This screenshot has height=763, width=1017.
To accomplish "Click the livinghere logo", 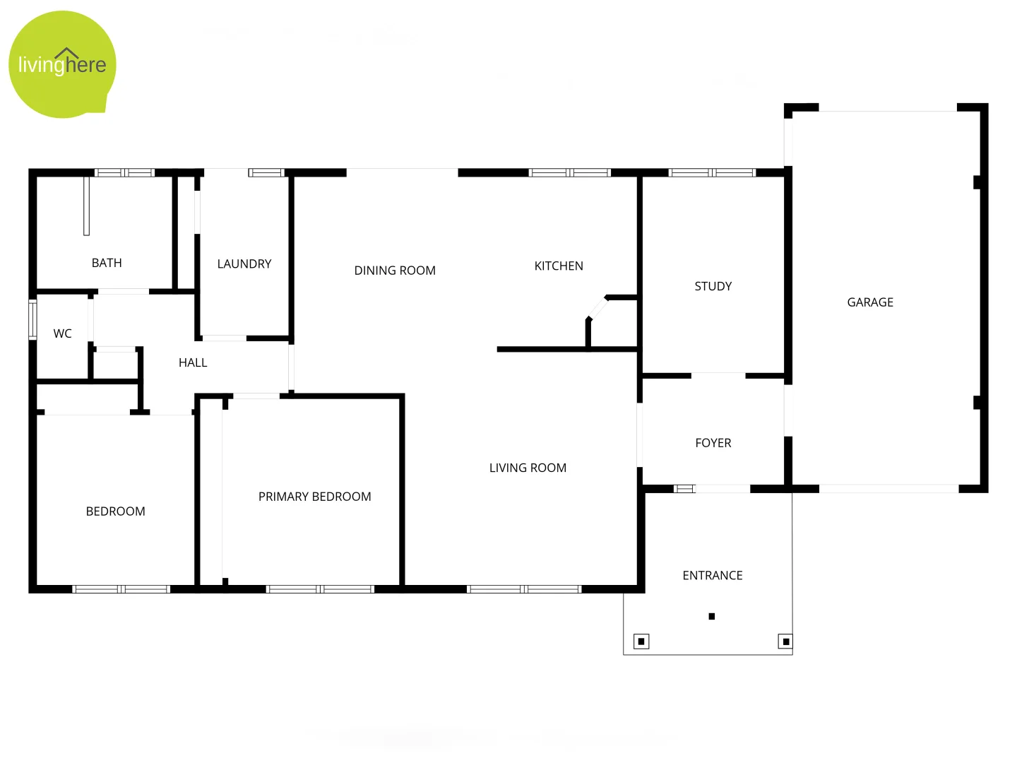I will point(62,64).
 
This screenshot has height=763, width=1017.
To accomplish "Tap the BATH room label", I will point(107,263).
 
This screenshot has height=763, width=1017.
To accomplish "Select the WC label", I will point(63,333).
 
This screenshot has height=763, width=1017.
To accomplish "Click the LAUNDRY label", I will point(244,264).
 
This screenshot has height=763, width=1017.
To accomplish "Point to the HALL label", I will point(193,362).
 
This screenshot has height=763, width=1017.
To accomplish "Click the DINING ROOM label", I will point(395,271).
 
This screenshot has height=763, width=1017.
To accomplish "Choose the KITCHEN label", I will point(559,266).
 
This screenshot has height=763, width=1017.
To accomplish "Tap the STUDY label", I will point(713,286).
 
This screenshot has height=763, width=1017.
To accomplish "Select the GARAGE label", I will point(870,302).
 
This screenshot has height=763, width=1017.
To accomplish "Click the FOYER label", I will point(713,443).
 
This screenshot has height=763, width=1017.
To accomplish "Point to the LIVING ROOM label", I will point(528,468).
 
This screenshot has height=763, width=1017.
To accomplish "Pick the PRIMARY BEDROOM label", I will point(315,497).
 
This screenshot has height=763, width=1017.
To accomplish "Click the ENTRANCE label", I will point(713,576).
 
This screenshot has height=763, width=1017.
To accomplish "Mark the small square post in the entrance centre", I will point(712,617).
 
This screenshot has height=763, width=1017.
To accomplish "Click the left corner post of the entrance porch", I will point(641,641).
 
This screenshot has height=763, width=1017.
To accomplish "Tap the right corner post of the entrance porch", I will point(785,641).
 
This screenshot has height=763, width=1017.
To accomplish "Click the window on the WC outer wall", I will point(32,320).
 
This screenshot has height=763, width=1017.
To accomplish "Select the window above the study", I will point(712,172).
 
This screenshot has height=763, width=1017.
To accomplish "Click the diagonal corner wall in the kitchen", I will point(597,308).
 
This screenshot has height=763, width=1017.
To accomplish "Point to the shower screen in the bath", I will point(86,206).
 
